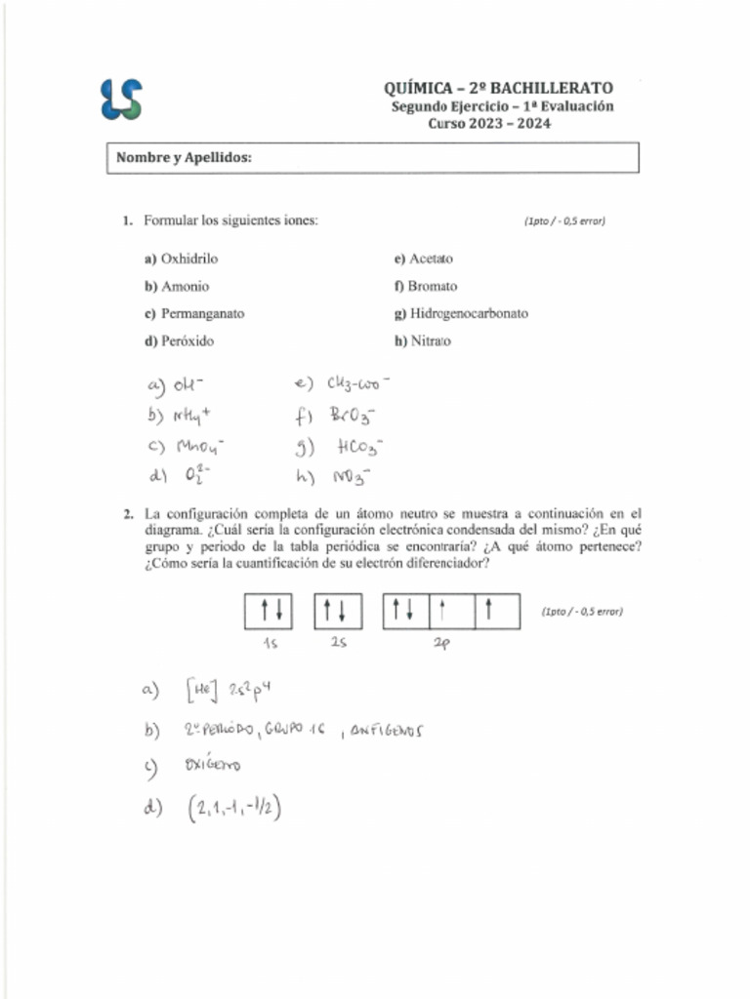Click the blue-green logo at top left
(x=121, y=100)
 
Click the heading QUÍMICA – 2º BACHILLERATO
(x=498, y=89)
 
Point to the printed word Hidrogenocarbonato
(x=468, y=314)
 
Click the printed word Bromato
(x=432, y=287)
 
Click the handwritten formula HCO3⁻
(x=355, y=448)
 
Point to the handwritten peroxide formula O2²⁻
(x=199, y=477)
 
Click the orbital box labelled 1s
(x=271, y=612)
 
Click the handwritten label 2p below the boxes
(x=440, y=644)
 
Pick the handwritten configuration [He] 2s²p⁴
(x=233, y=692)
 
